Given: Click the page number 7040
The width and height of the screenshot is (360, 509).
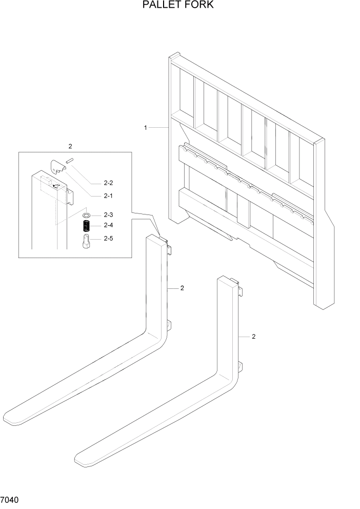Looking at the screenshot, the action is click(11, 499).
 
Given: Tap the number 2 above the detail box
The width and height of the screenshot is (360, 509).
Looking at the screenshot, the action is click(70, 146).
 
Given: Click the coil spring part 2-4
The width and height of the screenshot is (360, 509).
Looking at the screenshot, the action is click(87, 225).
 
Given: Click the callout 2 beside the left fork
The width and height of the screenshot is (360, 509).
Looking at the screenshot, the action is click(182, 288).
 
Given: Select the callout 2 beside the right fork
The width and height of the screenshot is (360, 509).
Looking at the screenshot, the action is click(253, 337).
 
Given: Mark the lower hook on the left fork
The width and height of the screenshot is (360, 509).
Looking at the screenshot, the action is click(168, 325).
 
